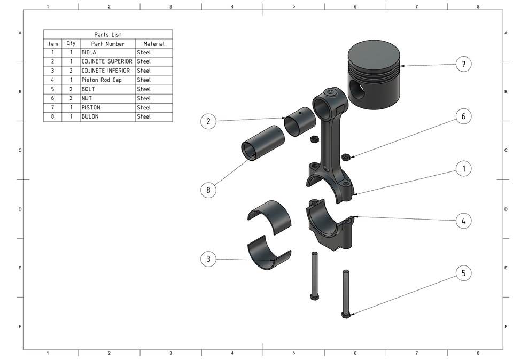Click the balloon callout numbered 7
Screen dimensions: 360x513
point(464,65)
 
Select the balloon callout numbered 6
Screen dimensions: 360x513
point(464,116)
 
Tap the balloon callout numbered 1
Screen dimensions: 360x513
point(464,168)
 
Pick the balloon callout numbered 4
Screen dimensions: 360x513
point(464,221)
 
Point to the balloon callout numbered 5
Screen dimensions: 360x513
point(464,273)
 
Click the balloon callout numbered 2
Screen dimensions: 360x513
point(208,122)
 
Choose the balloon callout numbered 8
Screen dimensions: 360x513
point(208,190)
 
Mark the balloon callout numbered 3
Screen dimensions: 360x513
point(208,260)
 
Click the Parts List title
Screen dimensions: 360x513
point(107,35)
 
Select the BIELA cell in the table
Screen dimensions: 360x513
point(89,53)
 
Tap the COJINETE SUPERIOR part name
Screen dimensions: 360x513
point(107,61)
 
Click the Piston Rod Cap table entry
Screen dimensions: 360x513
point(102,80)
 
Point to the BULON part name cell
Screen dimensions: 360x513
point(90,116)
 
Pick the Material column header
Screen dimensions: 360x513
point(153,44)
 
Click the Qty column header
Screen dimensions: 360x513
point(71,44)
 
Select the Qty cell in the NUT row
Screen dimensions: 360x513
point(71,98)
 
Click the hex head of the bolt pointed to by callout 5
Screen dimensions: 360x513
point(346,315)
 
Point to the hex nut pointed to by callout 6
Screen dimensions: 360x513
point(346,157)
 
